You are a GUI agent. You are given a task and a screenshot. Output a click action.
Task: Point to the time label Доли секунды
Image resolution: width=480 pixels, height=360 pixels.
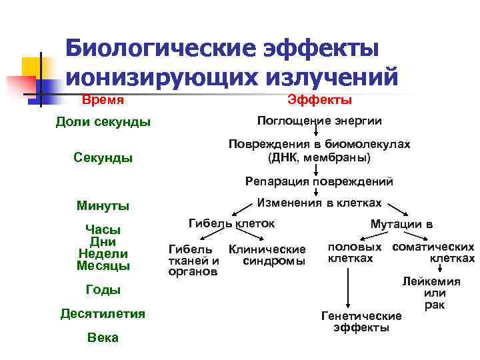(103, 123)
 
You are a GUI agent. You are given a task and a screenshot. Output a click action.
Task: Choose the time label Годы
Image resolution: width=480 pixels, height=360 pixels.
(103, 289)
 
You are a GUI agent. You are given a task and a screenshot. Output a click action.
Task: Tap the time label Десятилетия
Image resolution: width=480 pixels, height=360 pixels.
(103, 313)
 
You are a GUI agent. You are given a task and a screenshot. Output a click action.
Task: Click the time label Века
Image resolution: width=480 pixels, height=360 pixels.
(103, 337)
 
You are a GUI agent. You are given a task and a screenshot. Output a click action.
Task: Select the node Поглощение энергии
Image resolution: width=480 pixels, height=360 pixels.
(319, 121)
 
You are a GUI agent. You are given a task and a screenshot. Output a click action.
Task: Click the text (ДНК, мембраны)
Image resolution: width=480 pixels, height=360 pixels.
(319, 159)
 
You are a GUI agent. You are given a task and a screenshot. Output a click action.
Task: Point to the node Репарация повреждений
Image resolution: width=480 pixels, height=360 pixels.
(319, 181)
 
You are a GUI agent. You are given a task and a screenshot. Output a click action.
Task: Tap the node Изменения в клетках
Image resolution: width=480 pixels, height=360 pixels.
(319, 203)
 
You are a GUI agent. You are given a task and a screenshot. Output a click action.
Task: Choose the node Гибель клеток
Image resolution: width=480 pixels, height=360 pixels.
(231, 223)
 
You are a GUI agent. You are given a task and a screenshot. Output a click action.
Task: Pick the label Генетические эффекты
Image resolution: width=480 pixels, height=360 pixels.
(361, 321)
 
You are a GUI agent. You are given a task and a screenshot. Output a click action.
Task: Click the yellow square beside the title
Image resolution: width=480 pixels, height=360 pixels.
(31, 67)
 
